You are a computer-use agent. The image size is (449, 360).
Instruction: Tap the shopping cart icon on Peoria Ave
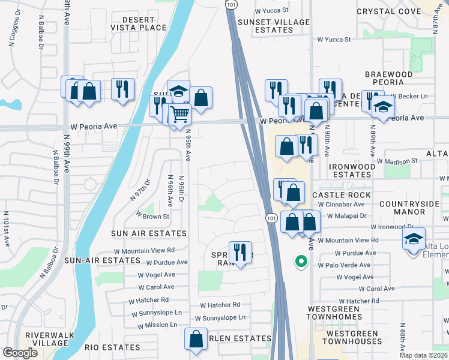(179, 113)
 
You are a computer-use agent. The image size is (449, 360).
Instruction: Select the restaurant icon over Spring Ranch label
(240, 252)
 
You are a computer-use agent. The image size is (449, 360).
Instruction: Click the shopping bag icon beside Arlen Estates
(196, 339)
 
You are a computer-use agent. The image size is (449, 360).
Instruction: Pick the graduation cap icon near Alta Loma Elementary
(414, 239)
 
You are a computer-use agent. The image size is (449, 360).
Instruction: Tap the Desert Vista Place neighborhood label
(138, 23)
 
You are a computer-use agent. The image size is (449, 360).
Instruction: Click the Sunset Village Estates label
(274, 26)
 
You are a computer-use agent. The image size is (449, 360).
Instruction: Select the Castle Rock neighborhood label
(342, 195)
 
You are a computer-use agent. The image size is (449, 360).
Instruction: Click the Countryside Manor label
(418, 207)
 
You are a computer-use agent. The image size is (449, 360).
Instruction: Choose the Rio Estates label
(112, 347)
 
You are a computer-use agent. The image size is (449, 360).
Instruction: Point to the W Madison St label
(397, 161)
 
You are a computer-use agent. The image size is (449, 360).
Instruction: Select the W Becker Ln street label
(409, 96)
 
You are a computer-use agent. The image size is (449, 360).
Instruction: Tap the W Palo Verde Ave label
(346, 265)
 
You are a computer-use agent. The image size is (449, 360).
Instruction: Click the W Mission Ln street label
(157, 325)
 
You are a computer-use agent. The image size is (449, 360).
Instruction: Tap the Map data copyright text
(425, 355)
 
